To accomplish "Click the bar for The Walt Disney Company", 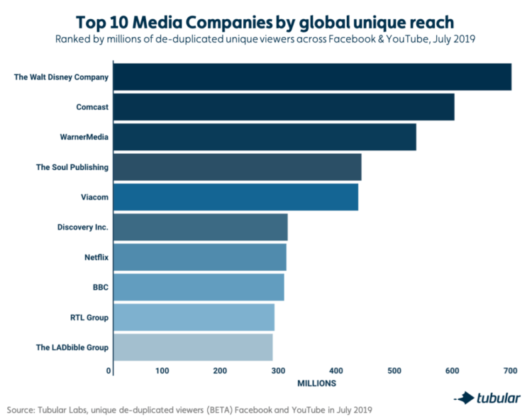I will [312, 77].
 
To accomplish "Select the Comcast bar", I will [284, 107].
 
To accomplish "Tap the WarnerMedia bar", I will [265, 137].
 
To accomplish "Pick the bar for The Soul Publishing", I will [237, 167].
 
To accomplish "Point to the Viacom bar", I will [235, 197].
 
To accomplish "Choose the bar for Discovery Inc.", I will [200, 228].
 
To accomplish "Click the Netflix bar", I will [199, 257].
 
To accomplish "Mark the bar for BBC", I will [199, 287].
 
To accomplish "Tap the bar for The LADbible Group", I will [193, 347].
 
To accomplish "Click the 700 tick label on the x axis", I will [509, 371].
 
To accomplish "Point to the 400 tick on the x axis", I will [336, 371].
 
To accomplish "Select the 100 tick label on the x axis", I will [162, 371].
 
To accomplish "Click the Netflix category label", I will [96, 257].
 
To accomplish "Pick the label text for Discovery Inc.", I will [83, 228].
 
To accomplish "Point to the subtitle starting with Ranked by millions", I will [265, 39].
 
